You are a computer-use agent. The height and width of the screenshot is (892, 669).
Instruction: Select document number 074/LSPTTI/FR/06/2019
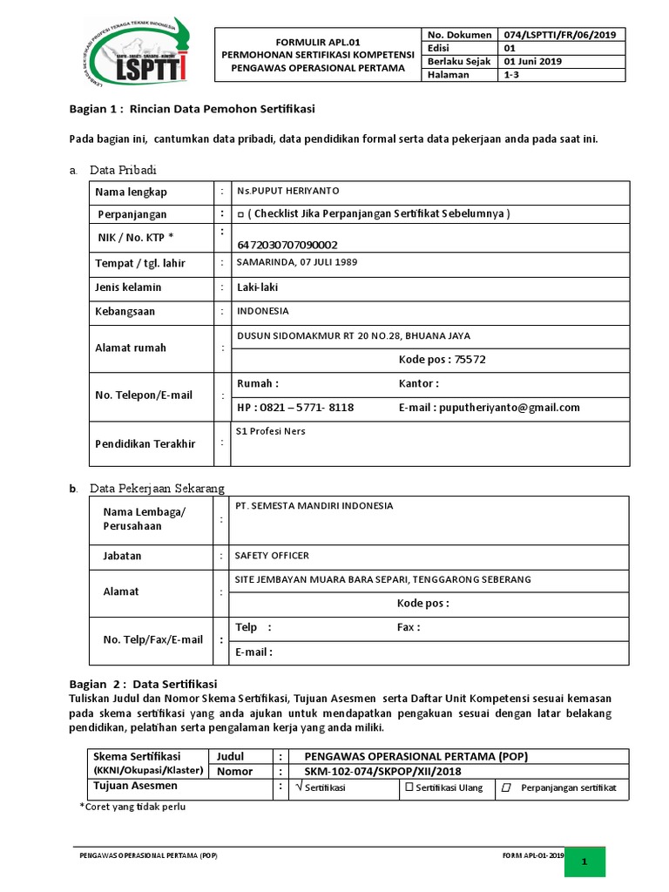[x=558, y=34]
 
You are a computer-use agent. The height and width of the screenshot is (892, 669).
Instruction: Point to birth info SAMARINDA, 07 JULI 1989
[x=297, y=262]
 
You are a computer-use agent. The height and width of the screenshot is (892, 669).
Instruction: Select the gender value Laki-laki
[x=257, y=287]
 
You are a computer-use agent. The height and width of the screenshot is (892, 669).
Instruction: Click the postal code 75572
[x=470, y=359]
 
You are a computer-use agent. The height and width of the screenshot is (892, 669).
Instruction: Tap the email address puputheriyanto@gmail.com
[x=510, y=407]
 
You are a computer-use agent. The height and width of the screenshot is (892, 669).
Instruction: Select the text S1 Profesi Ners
[x=271, y=431]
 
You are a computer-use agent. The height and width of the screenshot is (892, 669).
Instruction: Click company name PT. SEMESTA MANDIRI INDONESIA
[x=314, y=505]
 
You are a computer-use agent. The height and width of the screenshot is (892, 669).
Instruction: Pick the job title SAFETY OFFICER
[x=272, y=556]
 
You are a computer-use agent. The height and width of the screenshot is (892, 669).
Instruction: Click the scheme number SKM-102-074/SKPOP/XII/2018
[x=383, y=772]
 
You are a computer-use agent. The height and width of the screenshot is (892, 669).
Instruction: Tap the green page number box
[x=585, y=862]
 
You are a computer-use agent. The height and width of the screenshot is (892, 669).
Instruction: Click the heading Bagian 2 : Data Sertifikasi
[x=143, y=683]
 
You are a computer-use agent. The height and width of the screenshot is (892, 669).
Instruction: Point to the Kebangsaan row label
[x=125, y=311]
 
